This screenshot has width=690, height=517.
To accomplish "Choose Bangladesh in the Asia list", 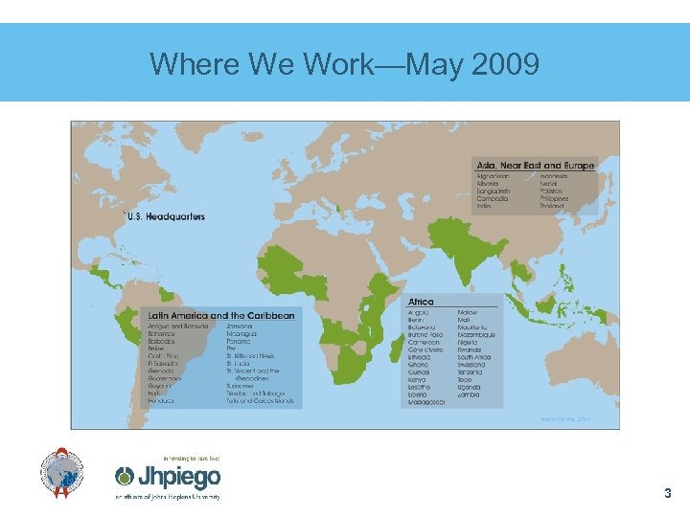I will coord(494,191).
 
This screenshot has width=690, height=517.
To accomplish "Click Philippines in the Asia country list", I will coord(554,199).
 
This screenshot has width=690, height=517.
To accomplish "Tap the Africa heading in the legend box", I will coord(421,303).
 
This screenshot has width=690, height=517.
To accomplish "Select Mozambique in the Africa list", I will coord(476,335).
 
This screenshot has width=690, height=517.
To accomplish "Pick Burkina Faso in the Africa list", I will coord(425,335).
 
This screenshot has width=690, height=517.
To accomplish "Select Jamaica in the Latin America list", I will coord(240,326).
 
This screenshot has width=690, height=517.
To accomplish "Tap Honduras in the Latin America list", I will coord(162,400).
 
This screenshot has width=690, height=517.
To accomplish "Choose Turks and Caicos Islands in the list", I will coord(262,400).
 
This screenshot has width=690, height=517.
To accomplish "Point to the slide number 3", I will coord(668,494).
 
